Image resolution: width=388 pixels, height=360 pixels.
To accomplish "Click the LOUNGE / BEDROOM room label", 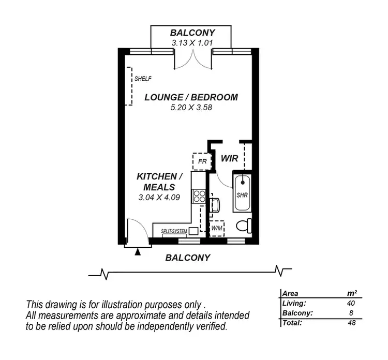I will [191, 97].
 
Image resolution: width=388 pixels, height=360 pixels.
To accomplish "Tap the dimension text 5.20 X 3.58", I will [191, 108].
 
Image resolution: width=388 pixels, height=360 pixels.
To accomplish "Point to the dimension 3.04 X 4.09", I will [159, 197].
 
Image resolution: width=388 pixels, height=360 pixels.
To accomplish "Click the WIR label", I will [229, 159].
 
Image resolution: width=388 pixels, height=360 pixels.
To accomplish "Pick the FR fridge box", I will [202, 161].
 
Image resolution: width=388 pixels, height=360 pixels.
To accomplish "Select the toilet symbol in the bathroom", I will [244, 225].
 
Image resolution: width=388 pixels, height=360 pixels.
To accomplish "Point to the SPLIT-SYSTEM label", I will [174, 232].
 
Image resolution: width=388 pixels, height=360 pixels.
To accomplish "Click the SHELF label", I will [143, 79].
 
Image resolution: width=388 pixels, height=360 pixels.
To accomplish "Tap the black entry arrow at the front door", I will [138, 252].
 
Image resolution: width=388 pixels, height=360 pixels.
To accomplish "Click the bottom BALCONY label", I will [187, 257].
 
